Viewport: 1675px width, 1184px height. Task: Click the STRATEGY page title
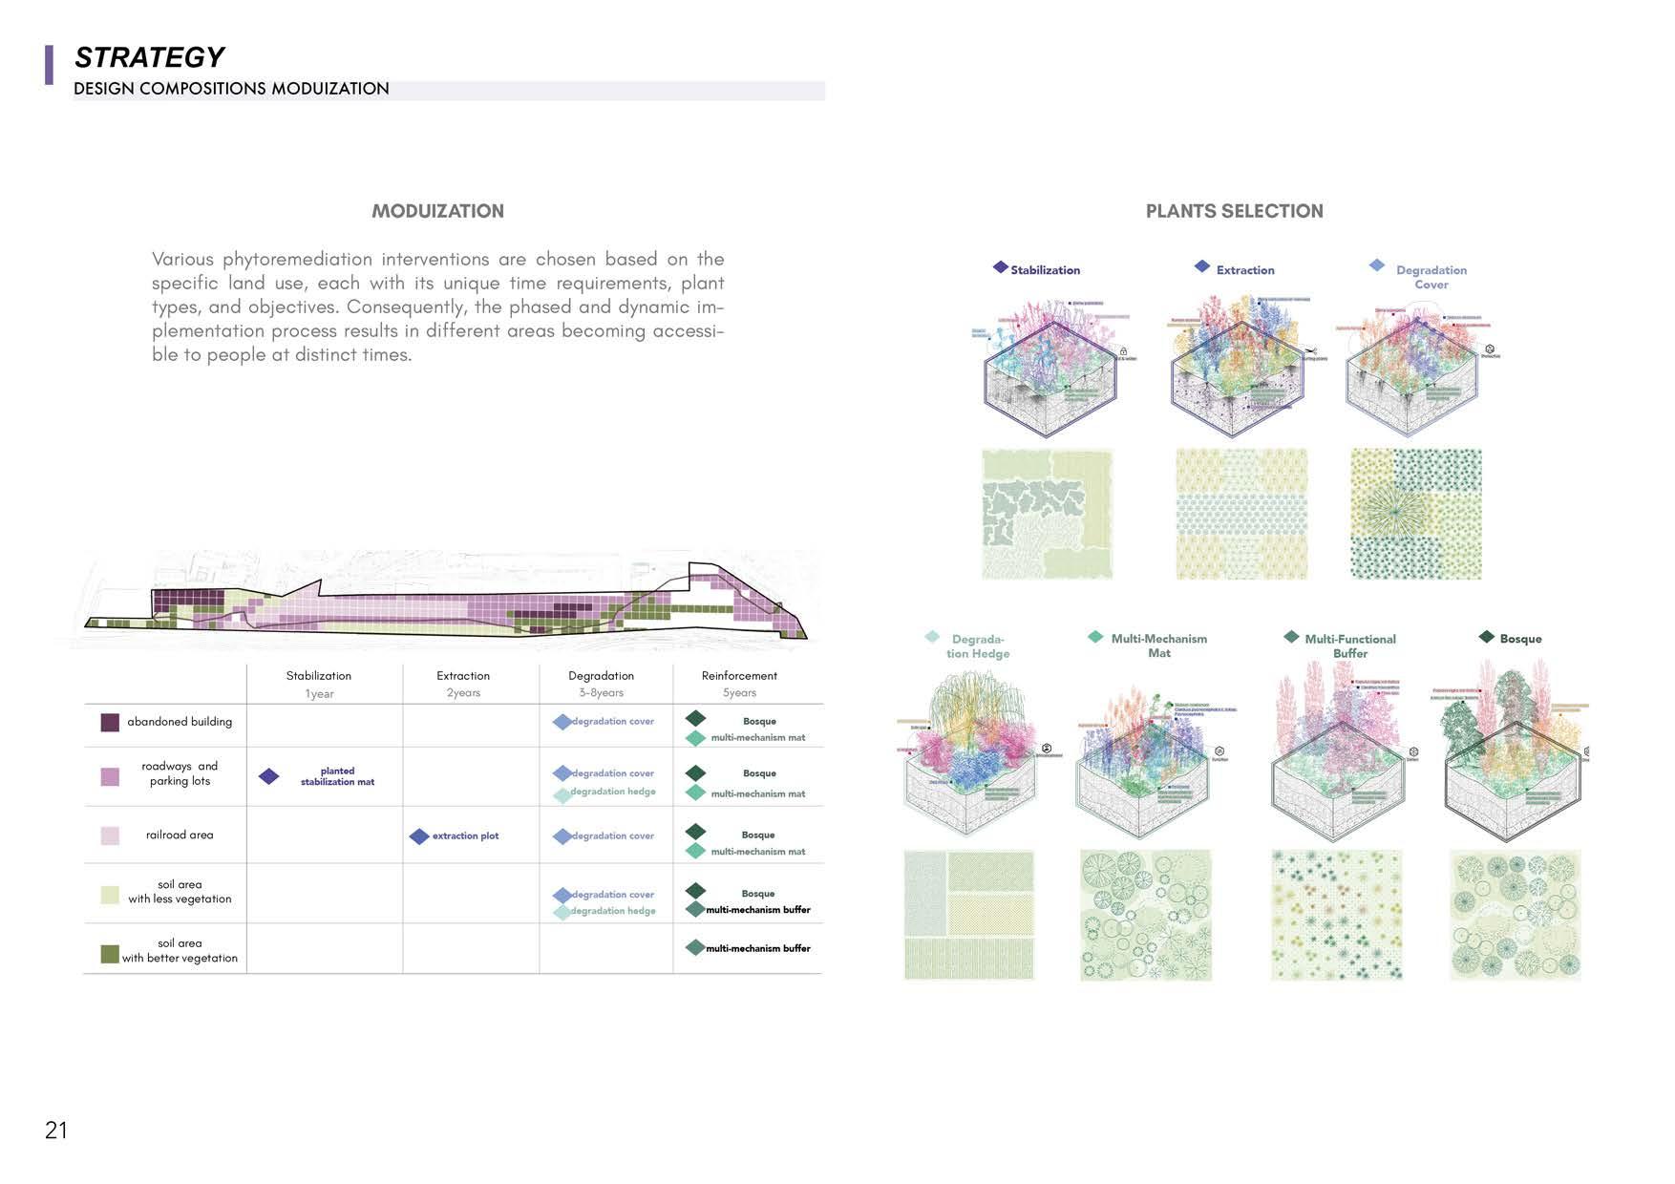point(149,58)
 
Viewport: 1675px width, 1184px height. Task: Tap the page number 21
point(56,1131)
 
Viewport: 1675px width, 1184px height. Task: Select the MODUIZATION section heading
point(437,211)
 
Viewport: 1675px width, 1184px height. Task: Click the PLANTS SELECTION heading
point(1234,211)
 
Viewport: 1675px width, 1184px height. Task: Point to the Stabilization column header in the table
point(319,676)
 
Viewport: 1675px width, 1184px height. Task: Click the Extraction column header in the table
point(463,676)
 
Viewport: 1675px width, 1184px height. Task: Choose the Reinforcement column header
point(739,676)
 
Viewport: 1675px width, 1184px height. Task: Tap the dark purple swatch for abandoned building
point(110,722)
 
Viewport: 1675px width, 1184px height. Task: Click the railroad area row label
point(180,835)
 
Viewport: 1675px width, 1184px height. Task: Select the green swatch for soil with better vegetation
point(110,954)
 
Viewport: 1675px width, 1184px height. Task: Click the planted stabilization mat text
point(337,776)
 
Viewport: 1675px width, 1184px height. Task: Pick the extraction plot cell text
point(465,836)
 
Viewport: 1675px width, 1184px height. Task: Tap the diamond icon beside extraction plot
point(418,836)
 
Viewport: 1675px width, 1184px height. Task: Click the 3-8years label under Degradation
point(601,693)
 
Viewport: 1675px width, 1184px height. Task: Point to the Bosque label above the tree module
point(1520,639)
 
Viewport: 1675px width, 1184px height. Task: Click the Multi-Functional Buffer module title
point(1350,646)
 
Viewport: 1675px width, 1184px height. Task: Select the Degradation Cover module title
point(1431,277)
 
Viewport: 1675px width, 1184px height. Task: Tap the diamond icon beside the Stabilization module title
point(1000,267)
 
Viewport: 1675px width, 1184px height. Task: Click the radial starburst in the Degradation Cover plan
point(1395,513)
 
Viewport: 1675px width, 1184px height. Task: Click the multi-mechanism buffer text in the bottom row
point(758,949)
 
